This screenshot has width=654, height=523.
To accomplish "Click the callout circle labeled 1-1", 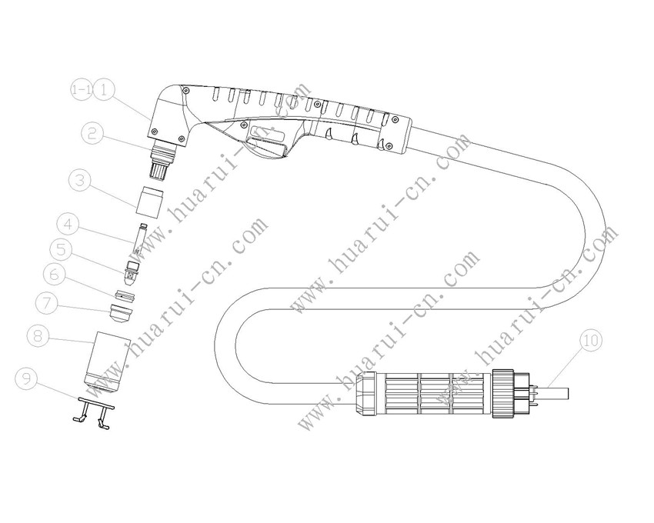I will [x=80, y=90].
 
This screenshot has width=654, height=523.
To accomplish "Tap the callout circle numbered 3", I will [x=79, y=181].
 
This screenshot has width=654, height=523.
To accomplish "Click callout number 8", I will [x=38, y=335].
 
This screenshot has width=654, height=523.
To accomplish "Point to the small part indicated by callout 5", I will [x=132, y=269].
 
